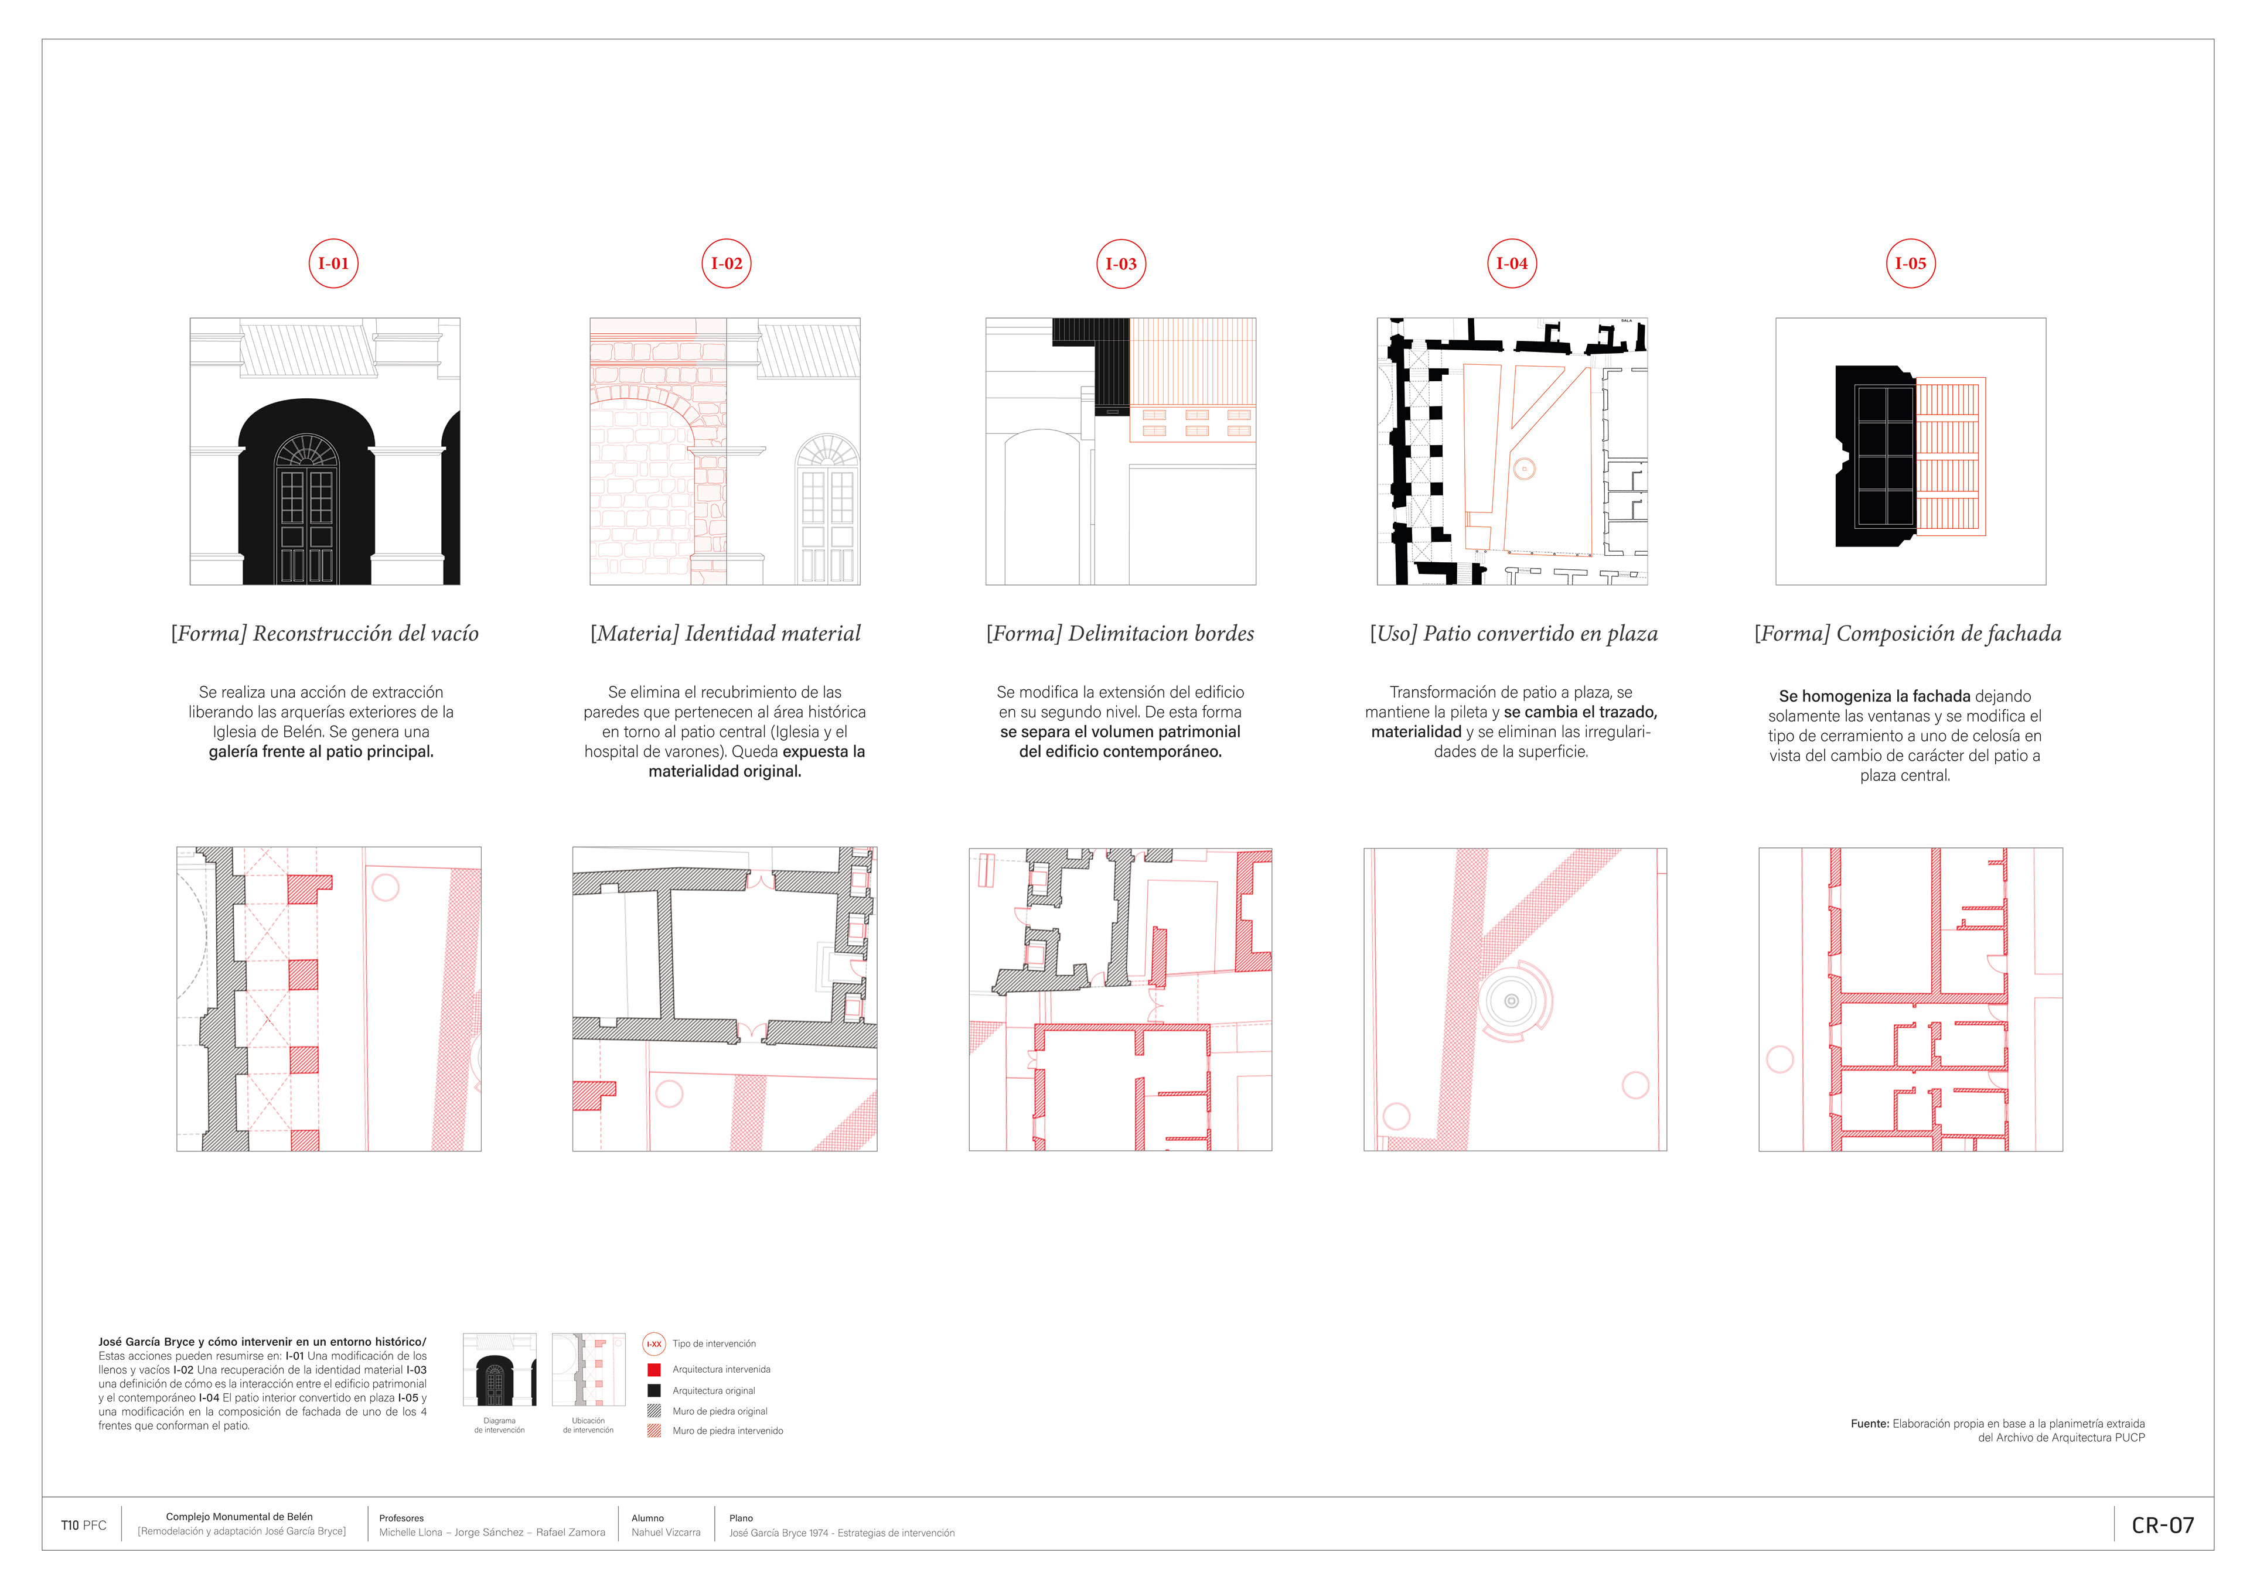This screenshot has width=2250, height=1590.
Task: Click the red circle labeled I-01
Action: (x=333, y=264)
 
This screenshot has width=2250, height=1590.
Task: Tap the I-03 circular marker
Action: (x=1120, y=264)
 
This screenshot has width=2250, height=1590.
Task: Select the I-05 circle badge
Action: (x=1910, y=264)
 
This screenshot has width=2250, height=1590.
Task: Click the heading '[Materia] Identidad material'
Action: (x=725, y=634)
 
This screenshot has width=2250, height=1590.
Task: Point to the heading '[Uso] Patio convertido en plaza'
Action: (x=1513, y=634)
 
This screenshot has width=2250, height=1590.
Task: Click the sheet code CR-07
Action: (x=2162, y=1526)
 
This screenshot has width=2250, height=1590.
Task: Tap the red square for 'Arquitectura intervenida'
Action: (x=654, y=1370)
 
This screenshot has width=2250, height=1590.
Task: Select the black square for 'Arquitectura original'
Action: (x=654, y=1390)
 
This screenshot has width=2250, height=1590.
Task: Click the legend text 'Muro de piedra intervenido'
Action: (x=727, y=1431)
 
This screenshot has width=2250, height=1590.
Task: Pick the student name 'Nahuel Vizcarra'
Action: (x=666, y=1532)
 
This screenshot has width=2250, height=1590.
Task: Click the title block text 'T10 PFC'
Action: (x=83, y=1526)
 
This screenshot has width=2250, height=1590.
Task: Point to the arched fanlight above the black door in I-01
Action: (x=306, y=452)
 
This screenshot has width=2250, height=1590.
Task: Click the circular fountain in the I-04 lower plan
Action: (x=1511, y=1000)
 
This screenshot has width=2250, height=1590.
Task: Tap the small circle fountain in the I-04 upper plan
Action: (x=1524, y=469)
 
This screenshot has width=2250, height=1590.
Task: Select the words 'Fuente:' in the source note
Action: (x=1869, y=1424)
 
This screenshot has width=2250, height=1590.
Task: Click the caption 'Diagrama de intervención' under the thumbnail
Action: (x=499, y=1425)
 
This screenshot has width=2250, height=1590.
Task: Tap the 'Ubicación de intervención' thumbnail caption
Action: (x=588, y=1425)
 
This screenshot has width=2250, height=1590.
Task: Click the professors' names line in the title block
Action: (x=492, y=1532)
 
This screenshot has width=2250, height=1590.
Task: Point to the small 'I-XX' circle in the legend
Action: (x=654, y=1344)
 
